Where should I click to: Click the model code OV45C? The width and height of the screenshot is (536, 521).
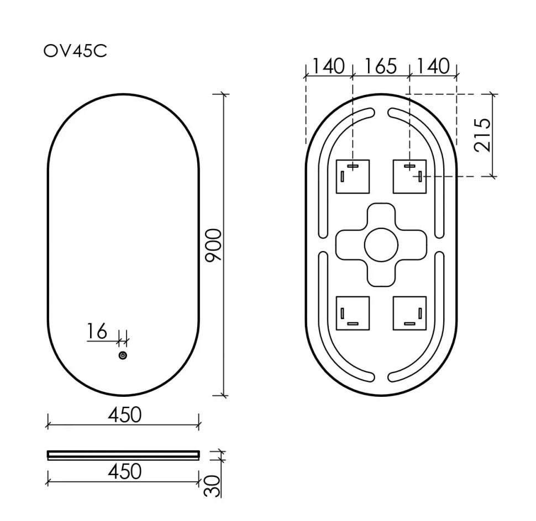click(75, 51)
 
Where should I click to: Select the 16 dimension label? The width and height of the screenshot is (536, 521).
click(97, 332)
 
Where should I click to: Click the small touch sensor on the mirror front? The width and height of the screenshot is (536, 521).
click(123, 355)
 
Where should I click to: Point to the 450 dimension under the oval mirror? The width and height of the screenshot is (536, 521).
click(124, 414)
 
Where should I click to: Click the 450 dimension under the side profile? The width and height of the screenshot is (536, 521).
click(124, 472)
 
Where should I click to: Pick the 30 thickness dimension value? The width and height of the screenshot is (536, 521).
click(213, 485)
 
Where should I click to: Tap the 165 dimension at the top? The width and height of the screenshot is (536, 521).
click(381, 67)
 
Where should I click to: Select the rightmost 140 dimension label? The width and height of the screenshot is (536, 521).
click(433, 67)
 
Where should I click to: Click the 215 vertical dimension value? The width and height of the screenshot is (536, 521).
click(482, 135)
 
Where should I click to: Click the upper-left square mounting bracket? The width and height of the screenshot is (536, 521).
click(353, 177)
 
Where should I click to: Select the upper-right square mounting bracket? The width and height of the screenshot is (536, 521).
click(409, 177)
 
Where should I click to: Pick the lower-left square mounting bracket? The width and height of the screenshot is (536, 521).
click(353, 313)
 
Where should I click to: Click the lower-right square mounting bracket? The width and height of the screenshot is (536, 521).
click(409, 313)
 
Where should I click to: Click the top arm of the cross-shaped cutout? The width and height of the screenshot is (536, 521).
click(381, 215)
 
